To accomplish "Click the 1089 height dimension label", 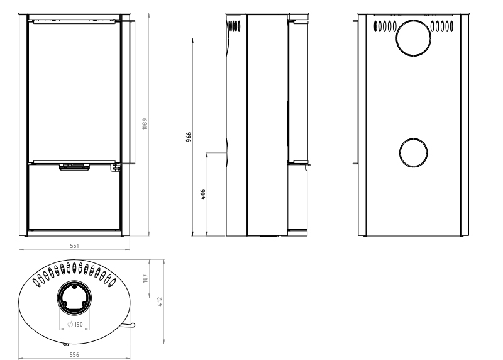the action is point(145,123).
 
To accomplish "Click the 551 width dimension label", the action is point(74,245).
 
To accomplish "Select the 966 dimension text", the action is point(189,137).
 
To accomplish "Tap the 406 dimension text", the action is point(202,194).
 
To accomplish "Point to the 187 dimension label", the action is point(145,278).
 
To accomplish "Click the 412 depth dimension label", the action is point(160,301).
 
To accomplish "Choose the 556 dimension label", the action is point(74,354).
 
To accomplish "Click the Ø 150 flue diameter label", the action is point(75,324).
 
